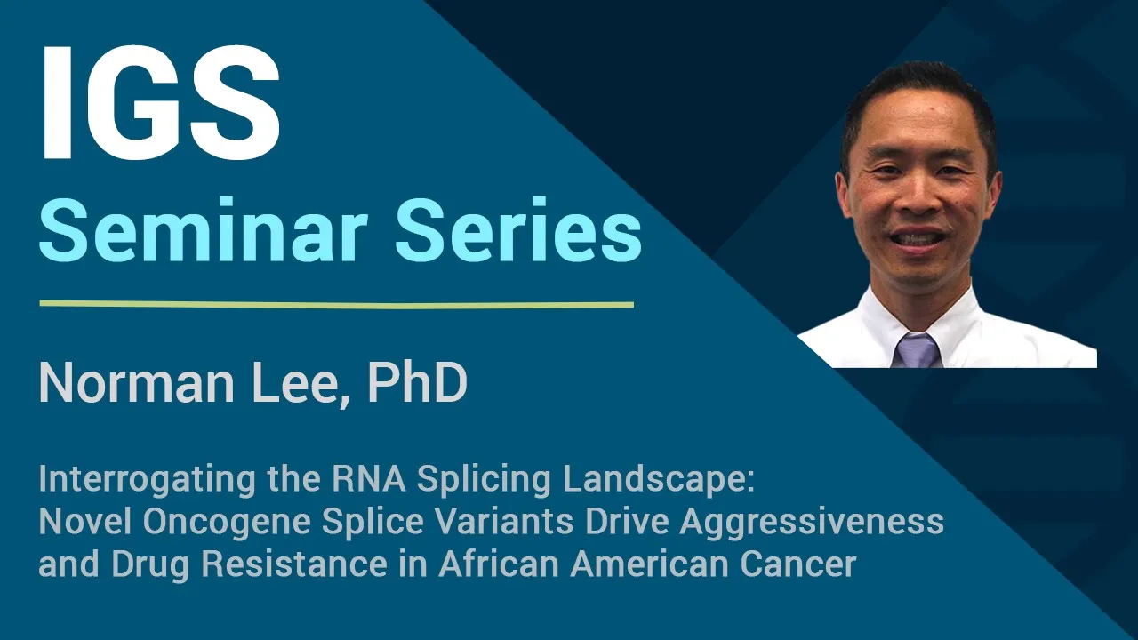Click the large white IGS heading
click(161, 103)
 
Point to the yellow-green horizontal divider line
click(337, 305)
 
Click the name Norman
click(137, 383)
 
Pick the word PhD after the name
click(417, 383)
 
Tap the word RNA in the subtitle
click(369, 479)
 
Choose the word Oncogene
click(227, 522)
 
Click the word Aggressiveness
click(812, 522)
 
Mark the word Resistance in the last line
click(294, 564)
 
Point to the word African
click(499, 564)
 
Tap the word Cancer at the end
click(798, 564)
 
